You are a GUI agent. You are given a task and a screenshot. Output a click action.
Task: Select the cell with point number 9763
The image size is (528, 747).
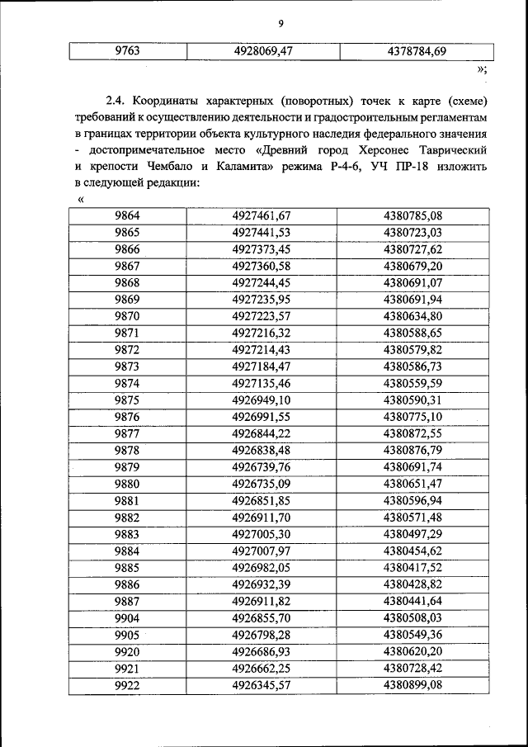coord(127,51)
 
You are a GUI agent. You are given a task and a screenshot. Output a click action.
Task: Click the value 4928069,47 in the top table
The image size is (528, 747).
coord(263,51)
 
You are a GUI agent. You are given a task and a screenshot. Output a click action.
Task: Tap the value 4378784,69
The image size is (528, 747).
coord(416,51)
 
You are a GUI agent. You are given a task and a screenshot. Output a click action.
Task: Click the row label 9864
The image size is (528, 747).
coord(127,216)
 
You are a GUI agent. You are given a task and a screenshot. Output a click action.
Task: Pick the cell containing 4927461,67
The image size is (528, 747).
coord(263,216)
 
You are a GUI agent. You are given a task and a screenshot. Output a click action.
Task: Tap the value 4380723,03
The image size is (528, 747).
coord(413,232)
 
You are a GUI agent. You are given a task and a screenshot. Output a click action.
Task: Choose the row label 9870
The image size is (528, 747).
coord(127,315)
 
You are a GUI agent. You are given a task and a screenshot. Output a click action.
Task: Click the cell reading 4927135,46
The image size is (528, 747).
coord(263,383)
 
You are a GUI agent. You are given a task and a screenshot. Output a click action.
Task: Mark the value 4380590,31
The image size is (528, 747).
coord(413,400)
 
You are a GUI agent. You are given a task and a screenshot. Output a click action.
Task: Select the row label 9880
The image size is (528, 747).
coord(127,484)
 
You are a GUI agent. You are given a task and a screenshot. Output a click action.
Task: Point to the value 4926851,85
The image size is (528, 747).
coord(263,500)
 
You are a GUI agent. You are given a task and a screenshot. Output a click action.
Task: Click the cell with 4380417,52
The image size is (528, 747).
coord(413,567)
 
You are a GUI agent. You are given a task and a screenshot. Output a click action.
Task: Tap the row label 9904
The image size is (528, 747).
coord(127,617)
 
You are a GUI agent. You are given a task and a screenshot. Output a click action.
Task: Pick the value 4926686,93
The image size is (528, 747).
coord(263,651)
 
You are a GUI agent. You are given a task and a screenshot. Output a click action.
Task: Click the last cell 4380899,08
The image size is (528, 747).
coord(413,685)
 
